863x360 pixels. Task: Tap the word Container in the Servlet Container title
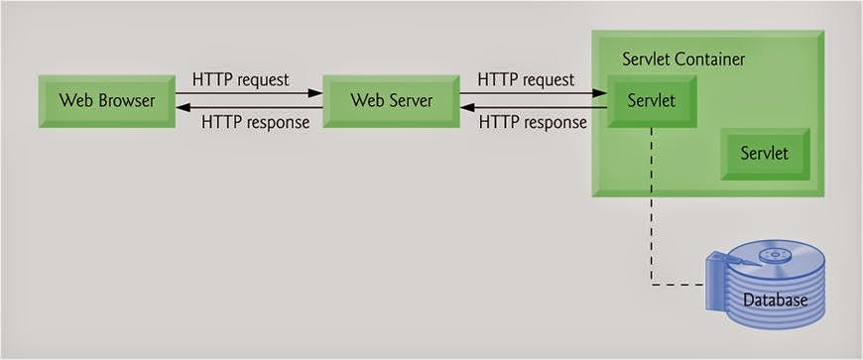click(x=709, y=60)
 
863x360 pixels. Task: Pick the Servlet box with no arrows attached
click(x=765, y=154)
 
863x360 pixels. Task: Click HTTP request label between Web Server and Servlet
click(x=525, y=77)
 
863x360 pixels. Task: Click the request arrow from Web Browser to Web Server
click(x=248, y=93)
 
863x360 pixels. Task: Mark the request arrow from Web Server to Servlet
click(x=531, y=93)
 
